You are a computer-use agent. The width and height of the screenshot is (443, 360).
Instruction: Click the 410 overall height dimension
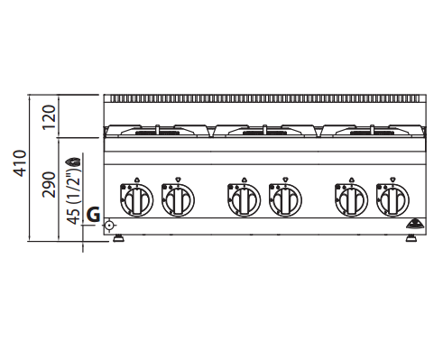point(20,163)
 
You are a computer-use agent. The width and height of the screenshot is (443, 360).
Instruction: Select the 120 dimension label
point(49,117)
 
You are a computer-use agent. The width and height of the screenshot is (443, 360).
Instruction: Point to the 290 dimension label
point(49,185)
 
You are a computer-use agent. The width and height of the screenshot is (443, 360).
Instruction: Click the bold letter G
point(93,215)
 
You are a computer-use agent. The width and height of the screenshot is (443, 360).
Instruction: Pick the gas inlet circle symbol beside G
point(109,225)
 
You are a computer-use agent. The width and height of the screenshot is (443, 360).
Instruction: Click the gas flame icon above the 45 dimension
point(74,162)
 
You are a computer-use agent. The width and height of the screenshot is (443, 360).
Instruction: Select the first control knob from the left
point(136,199)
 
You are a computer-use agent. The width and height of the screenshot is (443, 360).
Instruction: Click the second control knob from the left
point(178,199)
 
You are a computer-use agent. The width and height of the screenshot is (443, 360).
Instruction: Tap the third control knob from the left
point(244,199)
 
